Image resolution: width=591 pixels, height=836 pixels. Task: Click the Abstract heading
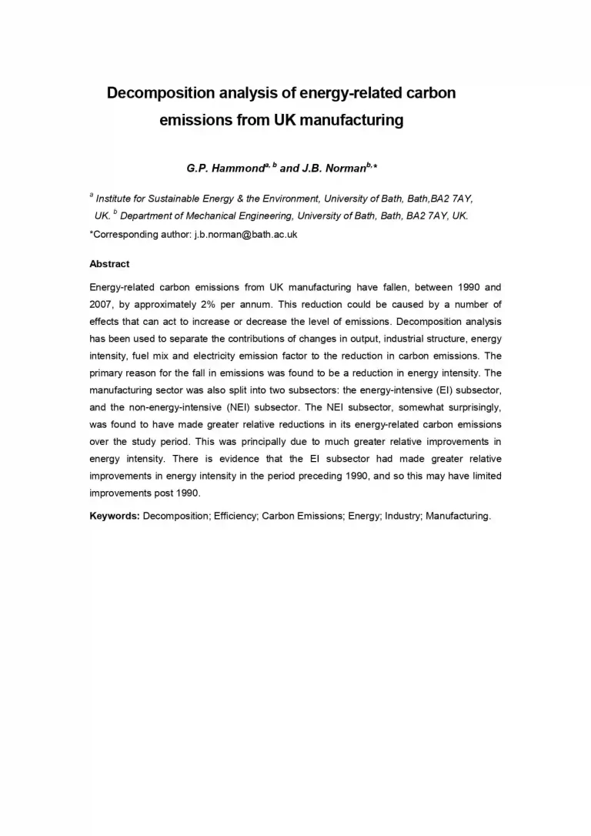pyautogui.click(x=109, y=263)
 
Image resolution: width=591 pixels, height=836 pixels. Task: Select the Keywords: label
pyautogui.click(x=115, y=516)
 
